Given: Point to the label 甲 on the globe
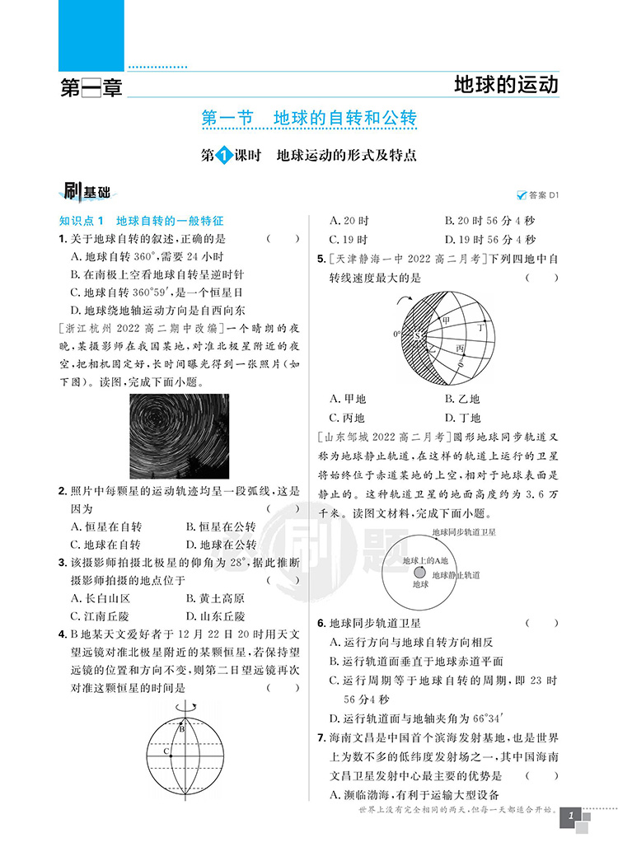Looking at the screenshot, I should (446, 320).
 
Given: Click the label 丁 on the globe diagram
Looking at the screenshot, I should (481, 327).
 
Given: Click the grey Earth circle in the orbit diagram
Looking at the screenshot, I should (420, 572).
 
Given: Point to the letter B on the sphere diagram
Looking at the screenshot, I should (182, 728).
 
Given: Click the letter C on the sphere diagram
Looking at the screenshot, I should (166, 751).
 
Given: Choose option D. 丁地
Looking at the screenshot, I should (462, 417).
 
